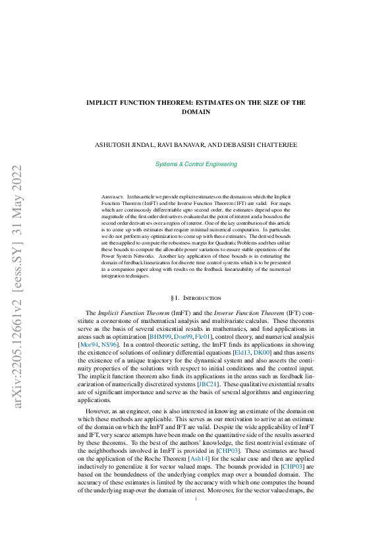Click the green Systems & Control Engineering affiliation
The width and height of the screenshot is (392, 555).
[x=196, y=164]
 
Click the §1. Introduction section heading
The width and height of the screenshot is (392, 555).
[x=196, y=299]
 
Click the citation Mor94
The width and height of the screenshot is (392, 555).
[x=89, y=344]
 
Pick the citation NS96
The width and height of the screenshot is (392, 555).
[x=110, y=344]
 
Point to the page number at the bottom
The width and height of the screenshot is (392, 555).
[x=196, y=517]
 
